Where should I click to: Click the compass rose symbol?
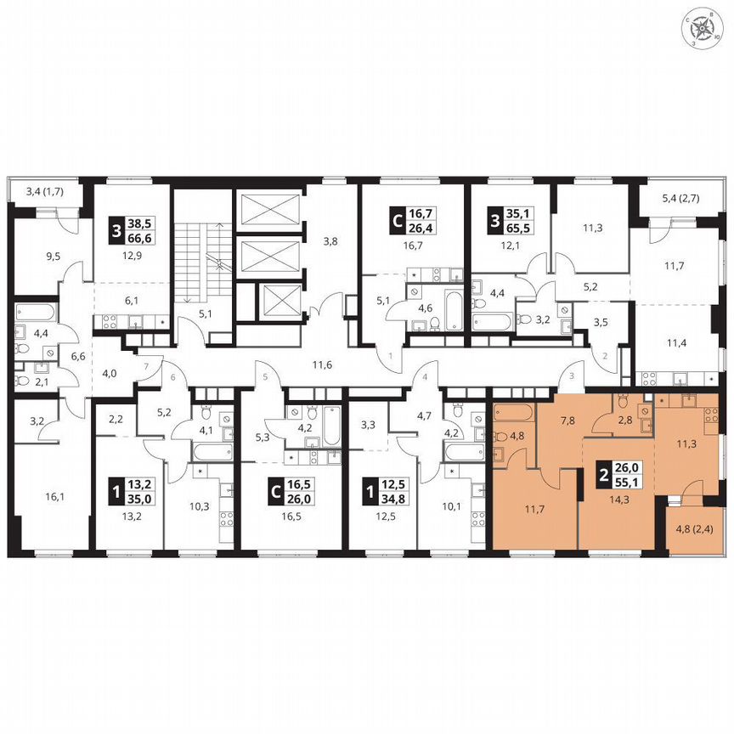pyautogui.click(x=703, y=28)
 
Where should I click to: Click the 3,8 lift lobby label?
pyautogui.click(x=330, y=240)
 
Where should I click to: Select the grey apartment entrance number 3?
pyautogui.click(x=571, y=375)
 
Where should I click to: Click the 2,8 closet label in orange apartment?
pyautogui.click(x=624, y=421)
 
